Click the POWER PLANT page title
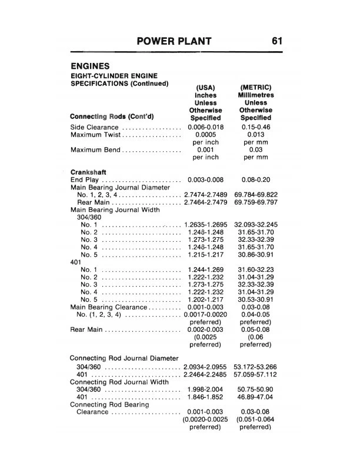click(x=174, y=41)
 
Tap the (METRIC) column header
click(x=256, y=87)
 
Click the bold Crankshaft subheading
click(x=88, y=172)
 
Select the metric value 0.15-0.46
click(x=256, y=127)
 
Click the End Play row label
click(x=86, y=180)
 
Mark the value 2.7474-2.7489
click(x=206, y=194)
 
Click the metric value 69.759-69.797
click(x=256, y=202)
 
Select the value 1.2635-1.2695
click(x=206, y=225)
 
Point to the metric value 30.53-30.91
click(x=256, y=299)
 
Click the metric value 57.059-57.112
click(x=256, y=375)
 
